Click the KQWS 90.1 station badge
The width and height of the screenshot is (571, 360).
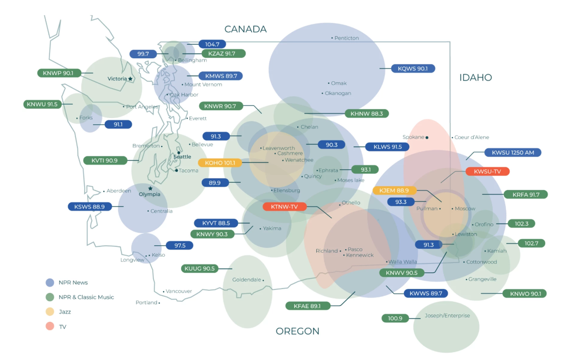(413, 69)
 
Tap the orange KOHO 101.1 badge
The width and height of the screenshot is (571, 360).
(220, 163)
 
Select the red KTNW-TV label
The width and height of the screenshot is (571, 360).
(285, 207)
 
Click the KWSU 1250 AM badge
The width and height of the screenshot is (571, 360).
(512, 152)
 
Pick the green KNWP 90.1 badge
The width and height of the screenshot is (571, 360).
(59, 73)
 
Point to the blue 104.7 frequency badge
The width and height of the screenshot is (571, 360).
(212, 44)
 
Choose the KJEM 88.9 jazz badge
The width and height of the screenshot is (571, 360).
(394, 190)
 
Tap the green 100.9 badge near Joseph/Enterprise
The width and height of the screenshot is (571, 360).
(395, 319)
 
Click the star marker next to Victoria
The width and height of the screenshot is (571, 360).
(130, 79)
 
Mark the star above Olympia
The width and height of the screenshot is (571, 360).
(150, 188)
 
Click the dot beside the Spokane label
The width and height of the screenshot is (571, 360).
(427, 138)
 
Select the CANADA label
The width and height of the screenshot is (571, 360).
(246, 30)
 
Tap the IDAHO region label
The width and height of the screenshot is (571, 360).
(476, 78)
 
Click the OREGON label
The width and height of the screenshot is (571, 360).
(297, 331)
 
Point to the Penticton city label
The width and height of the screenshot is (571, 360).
(346, 38)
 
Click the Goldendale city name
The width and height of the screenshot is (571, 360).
(246, 280)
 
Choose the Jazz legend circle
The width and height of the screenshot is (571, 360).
(50, 311)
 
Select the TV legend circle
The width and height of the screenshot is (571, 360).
(50, 326)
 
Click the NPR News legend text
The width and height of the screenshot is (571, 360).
(73, 282)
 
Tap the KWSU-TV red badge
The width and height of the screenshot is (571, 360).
(487, 171)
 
